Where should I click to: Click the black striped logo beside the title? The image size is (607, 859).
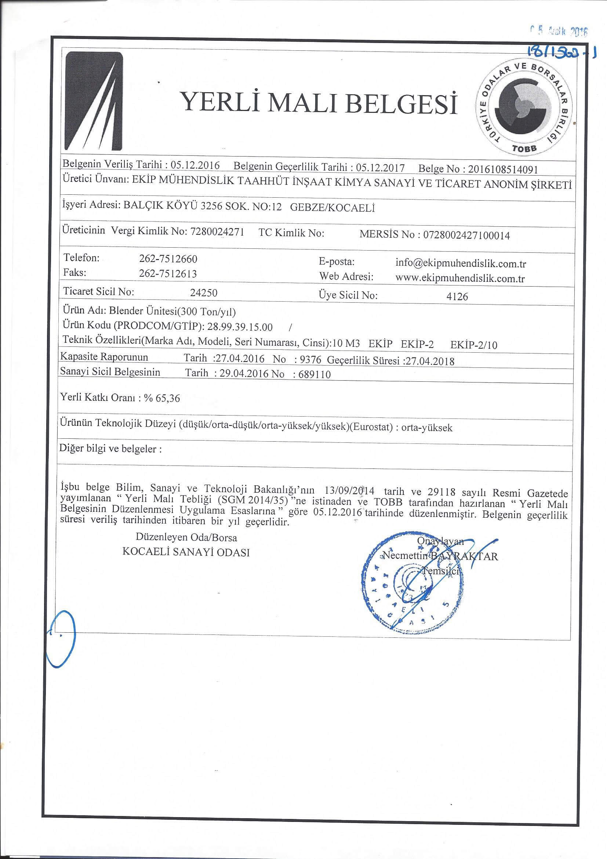coord(94,101)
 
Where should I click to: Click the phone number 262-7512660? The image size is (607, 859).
coord(168,259)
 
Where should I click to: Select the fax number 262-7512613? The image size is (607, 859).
coord(168,274)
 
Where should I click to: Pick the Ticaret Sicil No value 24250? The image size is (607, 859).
coord(204,292)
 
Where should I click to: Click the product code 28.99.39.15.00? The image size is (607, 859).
coord(240,327)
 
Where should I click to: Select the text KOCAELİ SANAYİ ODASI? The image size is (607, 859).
coord(186,553)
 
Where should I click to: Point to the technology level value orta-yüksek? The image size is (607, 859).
coord(426,428)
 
